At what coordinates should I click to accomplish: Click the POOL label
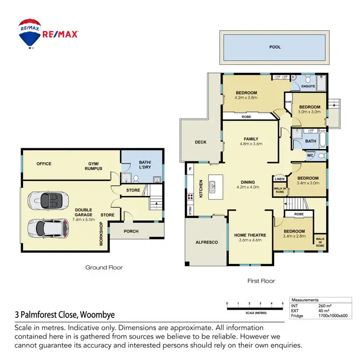coord(275,47)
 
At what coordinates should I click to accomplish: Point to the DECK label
coord(201,142)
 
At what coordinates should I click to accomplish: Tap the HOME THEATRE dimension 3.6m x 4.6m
coord(248,240)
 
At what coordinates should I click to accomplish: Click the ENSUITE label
coord(308,86)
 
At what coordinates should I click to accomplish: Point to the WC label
coord(311,156)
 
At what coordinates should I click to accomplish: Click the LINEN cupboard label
coord(280,179)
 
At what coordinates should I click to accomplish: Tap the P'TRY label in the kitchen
coord(191,209)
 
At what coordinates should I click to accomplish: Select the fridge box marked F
coord(191,169)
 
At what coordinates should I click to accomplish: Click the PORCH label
coord(131,231)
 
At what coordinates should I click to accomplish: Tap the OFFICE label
coord(44,164)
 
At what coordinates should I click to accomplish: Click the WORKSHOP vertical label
coord(101,234)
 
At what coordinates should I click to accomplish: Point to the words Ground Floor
coord(104,267)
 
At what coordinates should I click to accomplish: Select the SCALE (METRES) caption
coord(255,313)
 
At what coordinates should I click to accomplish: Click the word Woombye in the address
coord(97,315)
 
